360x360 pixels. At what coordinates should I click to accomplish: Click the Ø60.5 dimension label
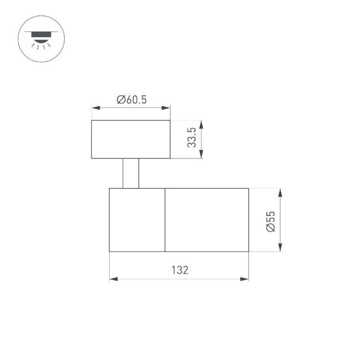pos(131,100)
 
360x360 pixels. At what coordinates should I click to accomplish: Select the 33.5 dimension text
pos(192,137)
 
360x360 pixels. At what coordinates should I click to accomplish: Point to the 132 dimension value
pos(179,270)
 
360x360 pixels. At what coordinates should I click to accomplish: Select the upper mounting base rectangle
pos(131,139)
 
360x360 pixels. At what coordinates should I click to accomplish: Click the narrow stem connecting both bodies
pos(131,173)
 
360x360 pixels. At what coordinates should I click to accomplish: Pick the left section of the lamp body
pos(137,220)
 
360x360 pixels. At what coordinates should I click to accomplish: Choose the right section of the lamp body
pos(207,220)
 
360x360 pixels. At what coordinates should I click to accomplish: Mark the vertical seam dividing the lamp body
pos(165,220)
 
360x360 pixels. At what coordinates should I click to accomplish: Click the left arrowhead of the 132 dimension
pos(113,279)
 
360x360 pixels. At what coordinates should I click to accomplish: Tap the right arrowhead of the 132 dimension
pos(245,279)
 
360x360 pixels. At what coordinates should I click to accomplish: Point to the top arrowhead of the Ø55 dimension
pos(280,192)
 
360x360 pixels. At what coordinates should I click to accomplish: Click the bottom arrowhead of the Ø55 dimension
pos(280,248)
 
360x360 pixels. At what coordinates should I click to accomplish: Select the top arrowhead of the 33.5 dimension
pos(202,124)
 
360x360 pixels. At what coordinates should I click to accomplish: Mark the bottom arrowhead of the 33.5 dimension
pos(202,155)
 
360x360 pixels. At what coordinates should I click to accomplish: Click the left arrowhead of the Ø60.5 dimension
pos(95,108)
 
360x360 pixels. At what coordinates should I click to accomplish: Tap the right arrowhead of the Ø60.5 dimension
pos(167,108)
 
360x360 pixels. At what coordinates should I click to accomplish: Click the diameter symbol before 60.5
pos(120,100)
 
